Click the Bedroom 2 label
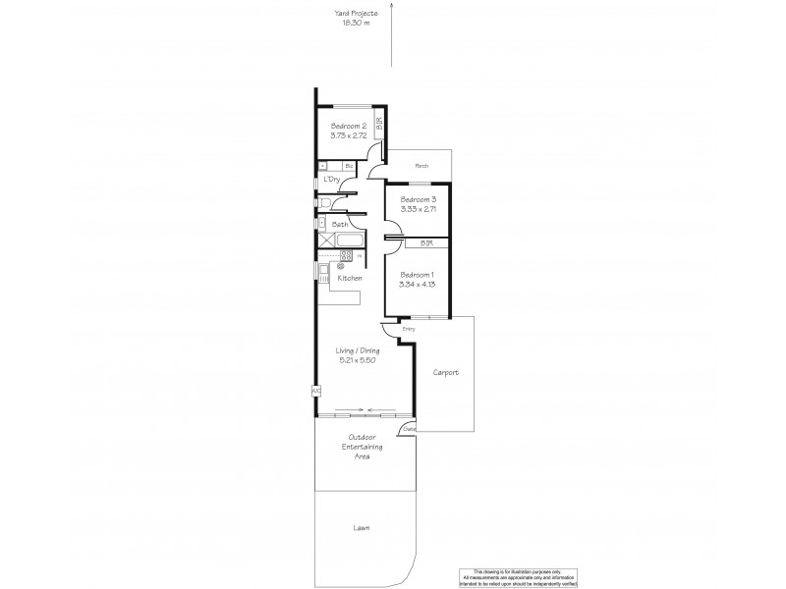[x=349, y=126]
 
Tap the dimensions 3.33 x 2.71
[x=419, y=210]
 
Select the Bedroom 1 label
[x=418, y=275]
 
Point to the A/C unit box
[x=316, y=391]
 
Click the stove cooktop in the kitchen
[x=346, y=256]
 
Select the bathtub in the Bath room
[x=349, y=240]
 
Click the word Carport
[x=446, y=373]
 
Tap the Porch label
[x=421, y=166]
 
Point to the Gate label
[x=409, y=429]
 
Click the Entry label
[x=409, y=328]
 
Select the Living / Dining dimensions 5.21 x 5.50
[x=356, y=359]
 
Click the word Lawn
[x=363, y=529]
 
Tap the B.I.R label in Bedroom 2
[x=378, y=125]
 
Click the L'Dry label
[x=332, y=179]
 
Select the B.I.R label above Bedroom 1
[x=426, y=242]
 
